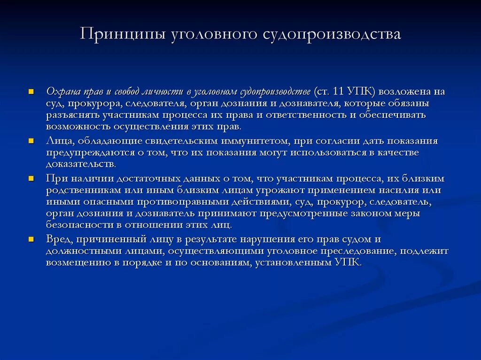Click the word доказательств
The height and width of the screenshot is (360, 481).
click(80, 164)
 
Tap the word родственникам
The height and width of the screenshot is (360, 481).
click(82, 190)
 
